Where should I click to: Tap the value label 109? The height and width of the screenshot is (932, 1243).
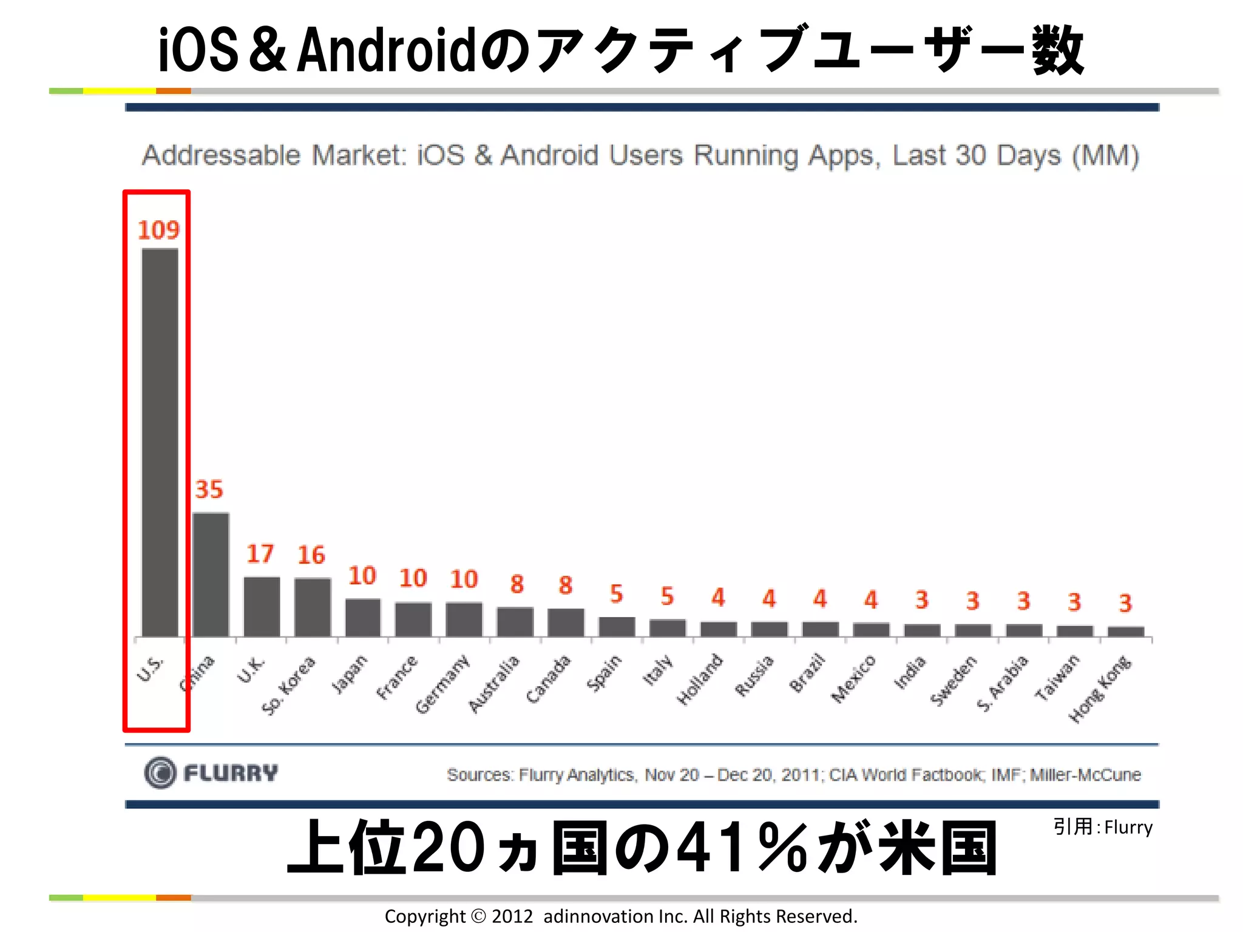point(158,230)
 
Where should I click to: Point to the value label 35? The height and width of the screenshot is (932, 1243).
point(209,490)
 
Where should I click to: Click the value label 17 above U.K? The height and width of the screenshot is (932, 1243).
point(260,553)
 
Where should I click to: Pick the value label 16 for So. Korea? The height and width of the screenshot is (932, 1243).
point(311,555)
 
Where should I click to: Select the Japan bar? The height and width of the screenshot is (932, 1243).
point(363,617)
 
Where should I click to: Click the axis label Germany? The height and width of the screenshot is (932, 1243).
point(442,683)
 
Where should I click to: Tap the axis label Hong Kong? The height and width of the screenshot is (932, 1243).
point(1099,689)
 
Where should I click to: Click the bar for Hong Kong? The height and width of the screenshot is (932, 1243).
point(1126,632)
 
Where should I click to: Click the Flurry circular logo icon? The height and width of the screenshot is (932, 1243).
point(160,773)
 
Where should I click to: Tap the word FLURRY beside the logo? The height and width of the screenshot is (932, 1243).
point(231,773)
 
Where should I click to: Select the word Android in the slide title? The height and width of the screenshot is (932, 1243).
point(386,51)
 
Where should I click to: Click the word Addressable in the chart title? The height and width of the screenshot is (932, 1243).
point(221,155)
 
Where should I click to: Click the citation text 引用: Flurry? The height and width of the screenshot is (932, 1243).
point(1102,827)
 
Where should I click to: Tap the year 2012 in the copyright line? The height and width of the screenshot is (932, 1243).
point(512,916)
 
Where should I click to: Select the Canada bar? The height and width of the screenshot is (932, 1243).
point(566,622)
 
